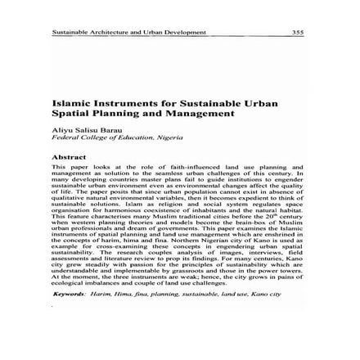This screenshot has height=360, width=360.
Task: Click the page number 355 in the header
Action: click(x=297, y=33)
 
